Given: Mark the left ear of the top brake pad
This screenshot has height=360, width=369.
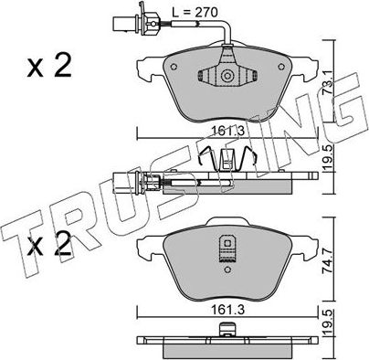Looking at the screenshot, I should click(x=146, y=66).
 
